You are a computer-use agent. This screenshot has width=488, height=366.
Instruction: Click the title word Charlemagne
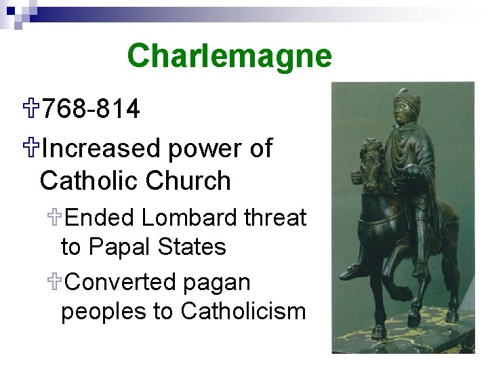point(229,56)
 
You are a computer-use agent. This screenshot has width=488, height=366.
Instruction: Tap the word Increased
point(101,148)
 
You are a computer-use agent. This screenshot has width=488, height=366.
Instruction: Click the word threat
point(276,218)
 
